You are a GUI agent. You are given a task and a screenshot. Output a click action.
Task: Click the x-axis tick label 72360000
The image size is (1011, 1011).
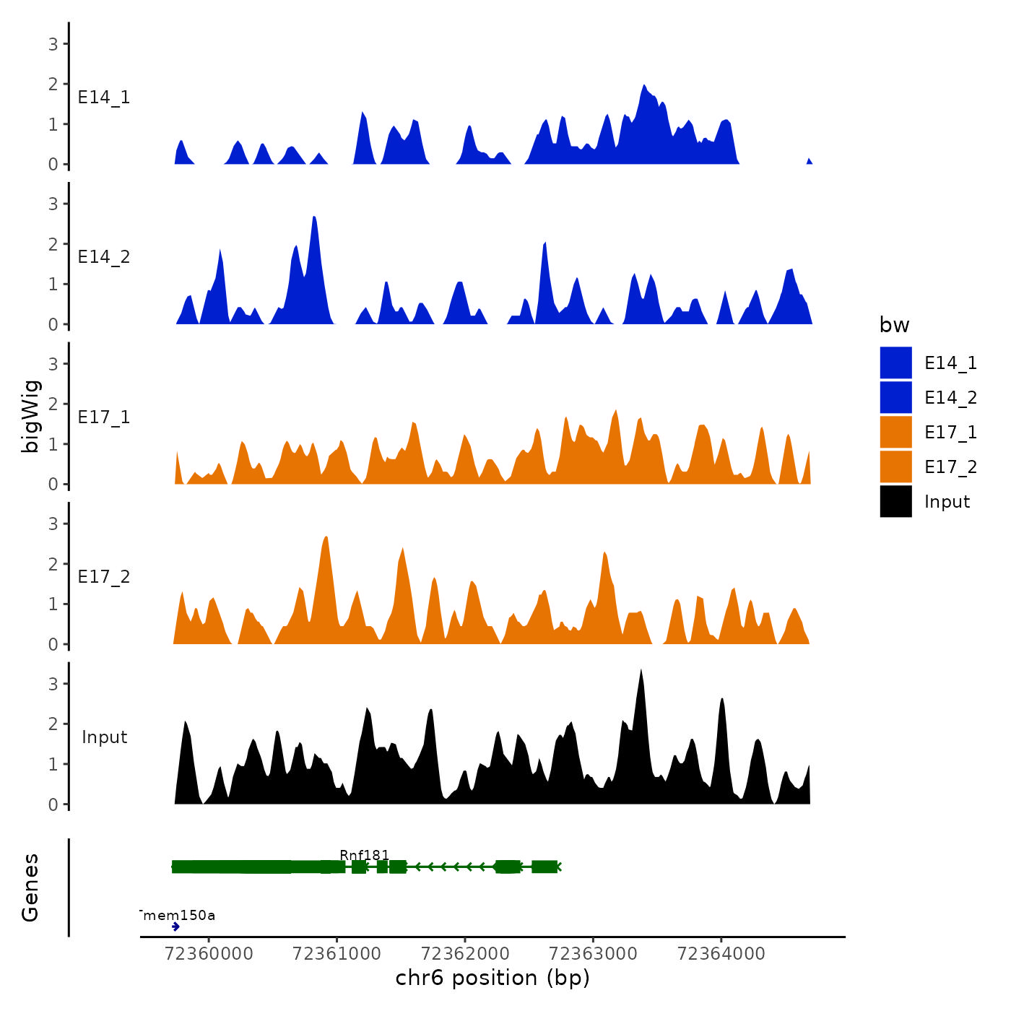point(209,953)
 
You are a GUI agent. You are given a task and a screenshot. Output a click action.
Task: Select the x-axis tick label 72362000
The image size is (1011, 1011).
point(465,953)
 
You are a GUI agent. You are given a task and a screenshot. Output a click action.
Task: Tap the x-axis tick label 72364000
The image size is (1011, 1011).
point(721,953)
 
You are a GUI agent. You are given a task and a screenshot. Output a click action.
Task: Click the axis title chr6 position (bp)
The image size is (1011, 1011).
point(493,978)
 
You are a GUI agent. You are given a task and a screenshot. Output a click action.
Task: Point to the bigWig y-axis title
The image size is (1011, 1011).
point(30,416)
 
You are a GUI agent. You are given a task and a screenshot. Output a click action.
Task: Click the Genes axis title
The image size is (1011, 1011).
point(30,888)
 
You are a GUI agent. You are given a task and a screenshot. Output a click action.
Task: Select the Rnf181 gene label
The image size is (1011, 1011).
point(365,855)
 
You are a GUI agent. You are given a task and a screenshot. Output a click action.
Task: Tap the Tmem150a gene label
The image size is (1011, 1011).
point(178,916)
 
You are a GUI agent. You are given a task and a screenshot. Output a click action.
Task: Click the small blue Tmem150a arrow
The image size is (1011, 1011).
point(175,927)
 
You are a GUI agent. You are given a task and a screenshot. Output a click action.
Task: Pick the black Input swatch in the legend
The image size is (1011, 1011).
point(895,501)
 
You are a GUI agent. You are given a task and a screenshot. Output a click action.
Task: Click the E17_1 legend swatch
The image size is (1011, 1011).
point(895,432)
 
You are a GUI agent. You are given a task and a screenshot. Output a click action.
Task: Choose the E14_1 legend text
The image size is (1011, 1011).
point(950,363)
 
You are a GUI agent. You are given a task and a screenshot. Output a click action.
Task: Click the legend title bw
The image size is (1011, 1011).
point(894,325)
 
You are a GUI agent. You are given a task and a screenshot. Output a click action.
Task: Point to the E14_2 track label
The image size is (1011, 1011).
point(104,257)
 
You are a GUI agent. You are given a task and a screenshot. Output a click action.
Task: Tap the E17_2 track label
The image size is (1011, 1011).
point(104,577)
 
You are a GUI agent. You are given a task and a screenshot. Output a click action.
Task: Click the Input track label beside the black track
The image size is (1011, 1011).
point(104,737)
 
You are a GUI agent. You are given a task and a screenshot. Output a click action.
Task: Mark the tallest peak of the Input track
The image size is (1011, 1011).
point(641,672)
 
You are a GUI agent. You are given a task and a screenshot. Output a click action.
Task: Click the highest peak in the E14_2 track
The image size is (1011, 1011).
point(314,217)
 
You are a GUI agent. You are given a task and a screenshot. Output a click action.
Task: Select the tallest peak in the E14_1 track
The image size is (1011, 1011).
point(643,86)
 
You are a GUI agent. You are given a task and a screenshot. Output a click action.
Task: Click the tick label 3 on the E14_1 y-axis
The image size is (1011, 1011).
point(53,44)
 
